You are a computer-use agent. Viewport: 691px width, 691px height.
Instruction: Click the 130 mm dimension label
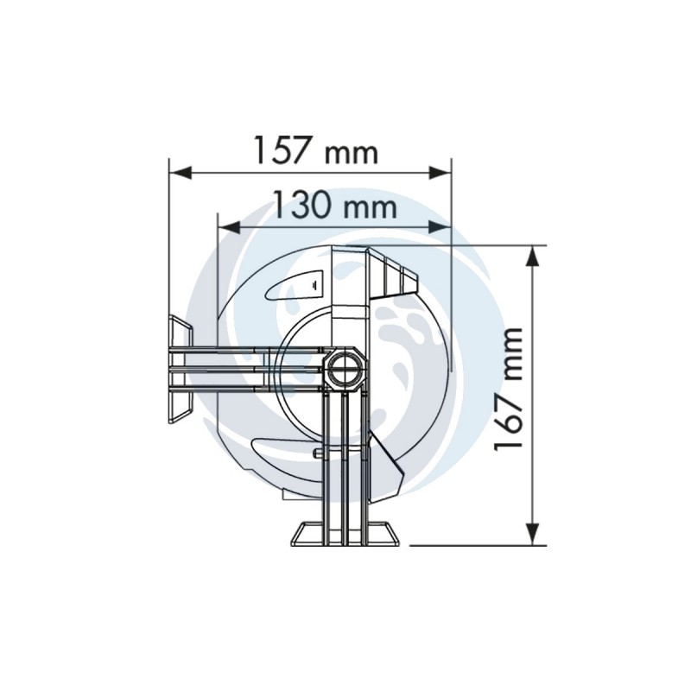[x=335, y=204]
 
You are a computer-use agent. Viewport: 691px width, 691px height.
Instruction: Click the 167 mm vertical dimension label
[x=508, y=390]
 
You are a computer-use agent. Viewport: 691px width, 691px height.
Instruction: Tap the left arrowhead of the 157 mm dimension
[x=181, y=172]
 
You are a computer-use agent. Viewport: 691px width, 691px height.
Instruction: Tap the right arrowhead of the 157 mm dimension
[x=440, y=172]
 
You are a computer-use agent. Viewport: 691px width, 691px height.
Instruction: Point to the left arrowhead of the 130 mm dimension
[x=230, y=227]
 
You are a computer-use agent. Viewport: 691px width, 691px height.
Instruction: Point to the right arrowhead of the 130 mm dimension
[x=440, y=227]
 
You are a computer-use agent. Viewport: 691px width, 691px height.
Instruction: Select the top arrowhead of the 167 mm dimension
[x=533, y=256]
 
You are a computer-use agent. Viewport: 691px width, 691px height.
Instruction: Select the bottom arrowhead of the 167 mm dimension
[x=533, y=534]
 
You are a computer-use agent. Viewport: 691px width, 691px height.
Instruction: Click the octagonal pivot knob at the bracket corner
[x=346, y=369]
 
